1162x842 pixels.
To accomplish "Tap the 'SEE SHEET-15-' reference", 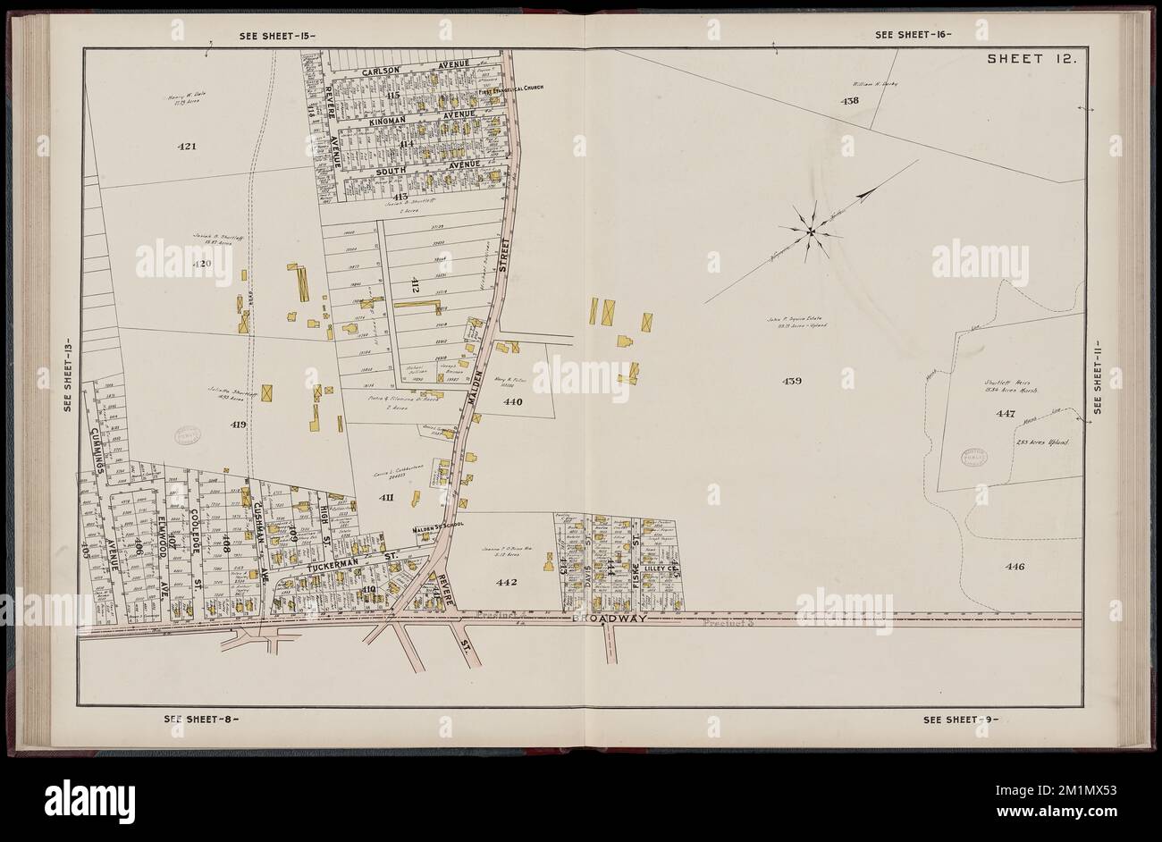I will tap(278, 36).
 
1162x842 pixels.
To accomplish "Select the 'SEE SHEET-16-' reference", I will tap(914, 36).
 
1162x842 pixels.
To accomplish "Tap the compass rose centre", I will tap(811, 232).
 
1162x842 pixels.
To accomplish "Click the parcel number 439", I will tap(792, 381).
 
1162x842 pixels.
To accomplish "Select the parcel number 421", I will tap(181, 145).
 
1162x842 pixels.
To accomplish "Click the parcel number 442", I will tap(508, 582).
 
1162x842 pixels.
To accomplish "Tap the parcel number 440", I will tap(512, 402).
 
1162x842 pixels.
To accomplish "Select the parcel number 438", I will tap(849, 101).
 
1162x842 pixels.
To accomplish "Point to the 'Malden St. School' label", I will tap(434, 530).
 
